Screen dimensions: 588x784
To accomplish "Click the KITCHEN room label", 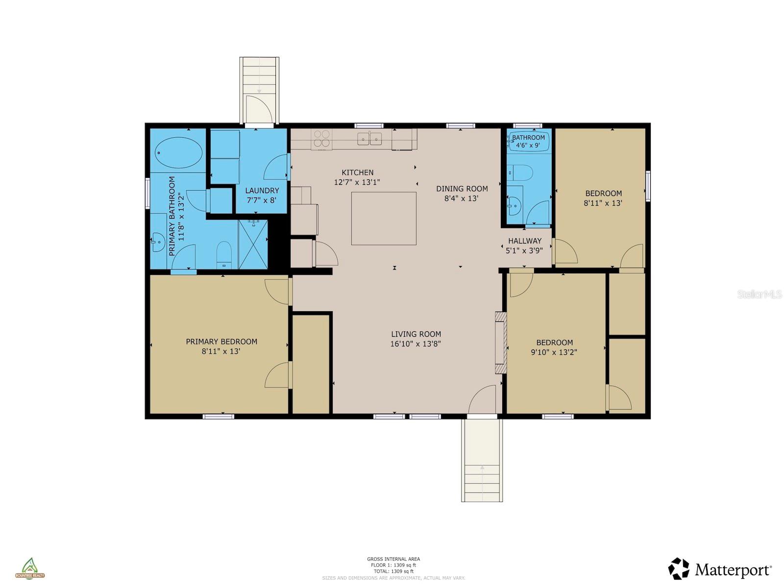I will point(357,172).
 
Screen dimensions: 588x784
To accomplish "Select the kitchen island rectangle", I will point(384,219).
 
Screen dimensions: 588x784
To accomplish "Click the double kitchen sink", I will point(369,139).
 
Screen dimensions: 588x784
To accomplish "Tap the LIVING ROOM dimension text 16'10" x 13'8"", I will point(416,344).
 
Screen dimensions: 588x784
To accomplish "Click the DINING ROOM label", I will point(462,189).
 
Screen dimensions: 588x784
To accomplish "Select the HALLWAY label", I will point(524,241).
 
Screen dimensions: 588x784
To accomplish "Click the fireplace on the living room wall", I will point(500,343).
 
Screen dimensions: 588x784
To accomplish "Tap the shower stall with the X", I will point(253,245).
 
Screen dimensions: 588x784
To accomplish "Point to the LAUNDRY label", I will point(262,191).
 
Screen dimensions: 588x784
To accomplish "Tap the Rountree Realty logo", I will point(30,568).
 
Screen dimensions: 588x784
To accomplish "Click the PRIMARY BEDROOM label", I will point(221,342).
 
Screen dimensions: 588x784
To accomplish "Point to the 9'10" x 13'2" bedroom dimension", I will point(554,352).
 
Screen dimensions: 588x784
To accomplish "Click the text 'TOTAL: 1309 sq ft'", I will point(393,571).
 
